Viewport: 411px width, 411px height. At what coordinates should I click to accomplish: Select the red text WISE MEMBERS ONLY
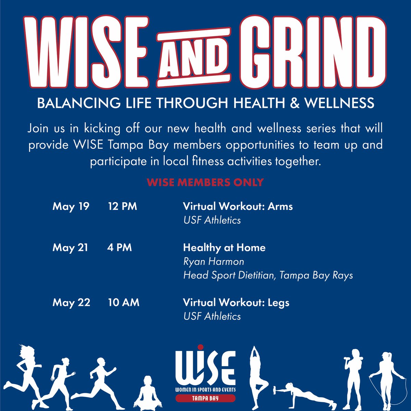205,182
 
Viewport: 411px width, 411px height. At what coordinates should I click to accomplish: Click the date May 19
71,207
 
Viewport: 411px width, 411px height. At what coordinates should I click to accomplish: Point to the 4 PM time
119,247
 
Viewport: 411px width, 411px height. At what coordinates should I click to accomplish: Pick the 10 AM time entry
123,302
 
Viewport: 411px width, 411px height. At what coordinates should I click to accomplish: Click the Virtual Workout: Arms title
238,207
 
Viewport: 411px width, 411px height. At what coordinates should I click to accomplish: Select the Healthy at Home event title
224,247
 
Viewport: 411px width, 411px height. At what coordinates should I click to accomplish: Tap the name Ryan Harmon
214,262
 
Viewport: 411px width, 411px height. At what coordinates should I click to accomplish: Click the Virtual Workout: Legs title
236,302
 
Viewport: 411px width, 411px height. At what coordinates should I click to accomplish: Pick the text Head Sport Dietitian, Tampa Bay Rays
268,275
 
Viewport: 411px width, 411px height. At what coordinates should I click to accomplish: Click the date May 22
71,302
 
